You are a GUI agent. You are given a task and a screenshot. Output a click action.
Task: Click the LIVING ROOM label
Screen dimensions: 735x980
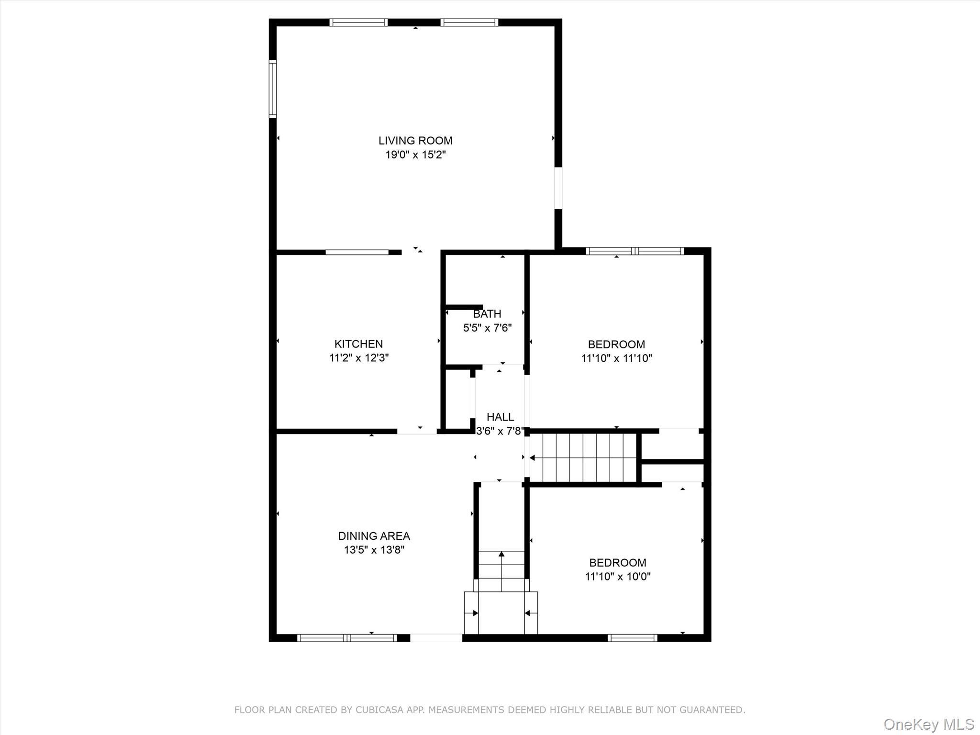coord(415,141)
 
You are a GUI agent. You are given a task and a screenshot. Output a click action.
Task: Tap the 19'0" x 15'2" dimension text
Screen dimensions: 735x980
coord(415,155)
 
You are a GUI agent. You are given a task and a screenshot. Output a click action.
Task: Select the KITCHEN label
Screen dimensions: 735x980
coord(358,344)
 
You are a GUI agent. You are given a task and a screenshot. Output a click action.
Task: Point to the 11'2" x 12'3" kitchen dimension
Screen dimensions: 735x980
coord(358,358)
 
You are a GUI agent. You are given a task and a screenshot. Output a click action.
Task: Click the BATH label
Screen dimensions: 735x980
coord(487,314)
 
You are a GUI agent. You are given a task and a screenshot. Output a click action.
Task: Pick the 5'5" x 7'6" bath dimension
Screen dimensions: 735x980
coord(487,328)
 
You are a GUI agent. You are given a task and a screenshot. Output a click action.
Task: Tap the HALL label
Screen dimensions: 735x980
coord(500,417)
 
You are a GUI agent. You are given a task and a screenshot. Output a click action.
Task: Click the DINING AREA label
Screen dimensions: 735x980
coord(374,536)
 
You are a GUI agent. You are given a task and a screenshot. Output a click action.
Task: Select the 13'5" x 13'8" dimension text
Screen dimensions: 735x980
coord(374,550)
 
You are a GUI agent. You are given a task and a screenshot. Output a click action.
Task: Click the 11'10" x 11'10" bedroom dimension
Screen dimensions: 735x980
coord(616,358)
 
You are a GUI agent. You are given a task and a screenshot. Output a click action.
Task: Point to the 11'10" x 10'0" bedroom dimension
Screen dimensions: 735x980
coord(617,576)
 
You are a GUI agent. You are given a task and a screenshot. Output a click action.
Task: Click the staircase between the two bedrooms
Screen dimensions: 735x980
coord(584,458)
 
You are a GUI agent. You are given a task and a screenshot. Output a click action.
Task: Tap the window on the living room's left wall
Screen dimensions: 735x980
coord(272,89)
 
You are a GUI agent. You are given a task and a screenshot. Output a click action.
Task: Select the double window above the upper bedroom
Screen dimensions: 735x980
coord(635,251)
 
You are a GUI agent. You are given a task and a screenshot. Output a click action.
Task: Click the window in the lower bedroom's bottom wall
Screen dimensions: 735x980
coord(632,637)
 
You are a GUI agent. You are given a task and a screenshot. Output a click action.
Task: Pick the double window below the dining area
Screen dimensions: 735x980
coord(347,637)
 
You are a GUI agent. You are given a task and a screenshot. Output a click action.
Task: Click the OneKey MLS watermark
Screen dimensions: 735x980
coord(928,724)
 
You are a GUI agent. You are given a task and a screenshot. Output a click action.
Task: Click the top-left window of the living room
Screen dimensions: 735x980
coord(358,22)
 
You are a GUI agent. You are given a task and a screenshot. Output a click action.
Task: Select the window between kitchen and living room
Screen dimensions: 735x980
coord(357,252)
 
